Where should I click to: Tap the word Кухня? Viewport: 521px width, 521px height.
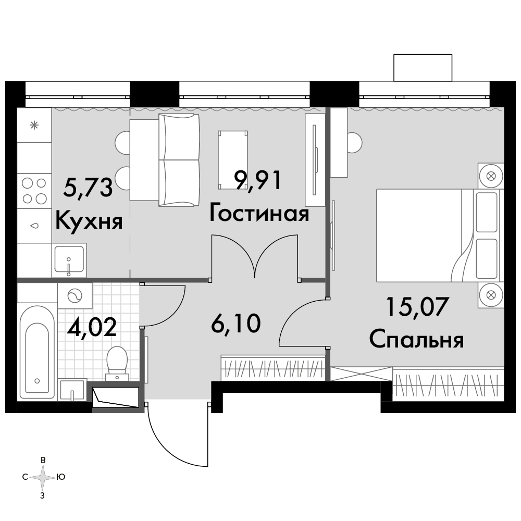pos(89,220)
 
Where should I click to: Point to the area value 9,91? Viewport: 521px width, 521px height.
pos(258,180)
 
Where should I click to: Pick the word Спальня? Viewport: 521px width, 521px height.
pos(416,339)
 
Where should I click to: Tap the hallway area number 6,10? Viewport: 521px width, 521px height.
pos(236,324)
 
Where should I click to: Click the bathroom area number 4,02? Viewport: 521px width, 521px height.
pos(92,326)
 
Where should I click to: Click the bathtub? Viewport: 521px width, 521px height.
pos(37,352)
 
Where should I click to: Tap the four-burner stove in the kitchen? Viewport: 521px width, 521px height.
pos(34,191)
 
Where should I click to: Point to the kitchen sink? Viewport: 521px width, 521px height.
pos(69,259)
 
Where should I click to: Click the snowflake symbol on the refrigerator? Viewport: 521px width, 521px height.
pos(34,125)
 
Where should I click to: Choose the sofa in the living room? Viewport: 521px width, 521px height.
pos(179,160)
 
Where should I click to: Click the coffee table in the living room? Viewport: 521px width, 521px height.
pos(232,160)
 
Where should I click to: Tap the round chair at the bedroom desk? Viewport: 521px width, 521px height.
pos(354,143)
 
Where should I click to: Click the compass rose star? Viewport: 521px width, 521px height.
pos(43,478)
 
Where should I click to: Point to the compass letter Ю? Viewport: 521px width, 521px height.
pos(61,477)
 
